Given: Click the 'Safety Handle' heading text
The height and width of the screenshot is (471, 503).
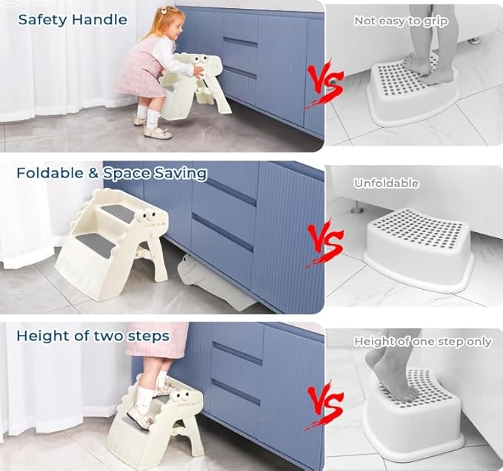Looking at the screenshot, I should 73,20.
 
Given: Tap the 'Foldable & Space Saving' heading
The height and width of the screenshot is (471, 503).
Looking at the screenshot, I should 111,173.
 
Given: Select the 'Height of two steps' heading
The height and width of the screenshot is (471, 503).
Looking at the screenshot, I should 93,336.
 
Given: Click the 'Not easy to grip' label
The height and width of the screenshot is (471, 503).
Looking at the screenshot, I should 401,21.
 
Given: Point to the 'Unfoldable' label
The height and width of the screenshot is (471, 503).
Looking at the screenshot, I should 386,183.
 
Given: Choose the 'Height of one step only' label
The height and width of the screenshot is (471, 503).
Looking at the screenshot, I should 422,342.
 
